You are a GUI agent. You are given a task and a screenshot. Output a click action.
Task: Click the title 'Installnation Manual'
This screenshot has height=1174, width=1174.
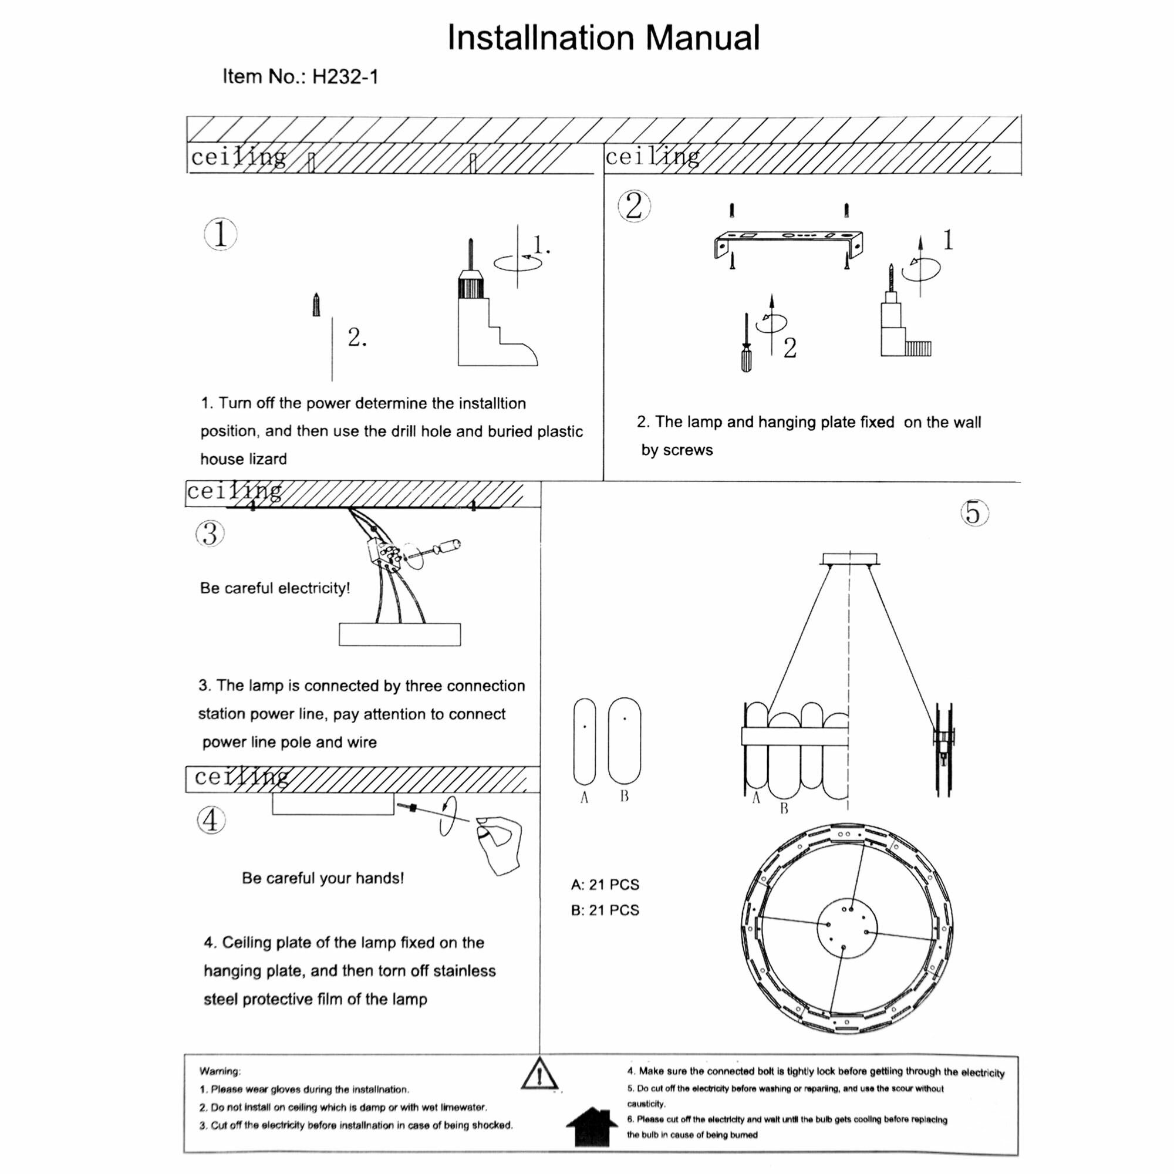tap(603, 38)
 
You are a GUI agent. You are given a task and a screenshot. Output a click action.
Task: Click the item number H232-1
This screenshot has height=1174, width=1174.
tap(300, 76)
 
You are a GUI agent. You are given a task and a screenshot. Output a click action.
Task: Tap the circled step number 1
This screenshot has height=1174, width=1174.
tap(221, 235)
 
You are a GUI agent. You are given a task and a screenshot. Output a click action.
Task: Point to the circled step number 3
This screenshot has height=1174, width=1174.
tap(210, 534)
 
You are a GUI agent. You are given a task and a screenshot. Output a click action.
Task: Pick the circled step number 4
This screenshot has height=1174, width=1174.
tap(211, 821)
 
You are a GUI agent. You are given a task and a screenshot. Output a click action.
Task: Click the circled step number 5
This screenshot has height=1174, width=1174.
tap(974, 513)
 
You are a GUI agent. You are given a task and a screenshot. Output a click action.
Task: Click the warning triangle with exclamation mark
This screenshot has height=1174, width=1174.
tap(539, 1074)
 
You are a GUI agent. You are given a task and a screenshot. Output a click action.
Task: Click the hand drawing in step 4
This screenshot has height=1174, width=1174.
tap(500, 845)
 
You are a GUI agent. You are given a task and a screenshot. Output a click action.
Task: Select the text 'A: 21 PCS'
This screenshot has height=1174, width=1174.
tap(605, 885)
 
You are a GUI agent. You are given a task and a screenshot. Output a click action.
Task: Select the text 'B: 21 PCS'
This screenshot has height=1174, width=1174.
tap(605, 910)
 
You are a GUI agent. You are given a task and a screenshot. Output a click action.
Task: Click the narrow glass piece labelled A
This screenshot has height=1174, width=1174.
tap(585, 741)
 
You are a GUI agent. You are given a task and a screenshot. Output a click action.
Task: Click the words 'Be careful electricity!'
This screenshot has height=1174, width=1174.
tap(275, 588)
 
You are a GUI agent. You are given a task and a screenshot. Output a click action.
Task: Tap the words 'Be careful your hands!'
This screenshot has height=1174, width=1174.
tap(323, 878)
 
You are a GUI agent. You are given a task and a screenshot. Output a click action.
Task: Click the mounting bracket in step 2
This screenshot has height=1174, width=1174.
tap(788, 241)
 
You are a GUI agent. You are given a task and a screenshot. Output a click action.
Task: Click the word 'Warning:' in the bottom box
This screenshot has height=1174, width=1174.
tap(220, 1071)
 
